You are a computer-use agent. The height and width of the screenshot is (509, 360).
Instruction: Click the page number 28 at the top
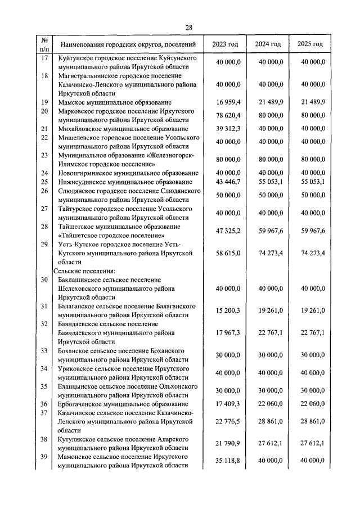(188, 28)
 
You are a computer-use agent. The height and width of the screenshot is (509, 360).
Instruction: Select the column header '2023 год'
(225, 44)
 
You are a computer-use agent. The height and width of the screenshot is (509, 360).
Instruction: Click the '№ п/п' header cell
(44, 44)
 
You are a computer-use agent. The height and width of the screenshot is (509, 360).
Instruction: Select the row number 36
(44, 404)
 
